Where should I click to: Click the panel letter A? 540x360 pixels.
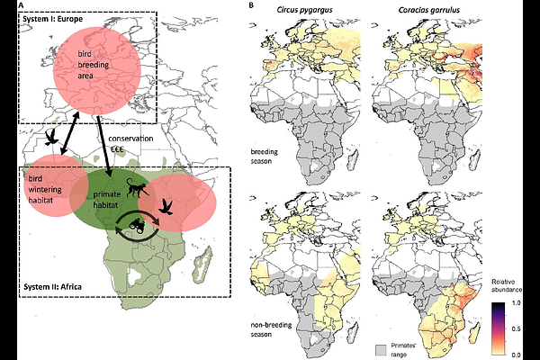coord(21,5)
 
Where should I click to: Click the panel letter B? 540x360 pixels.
coord(251,5)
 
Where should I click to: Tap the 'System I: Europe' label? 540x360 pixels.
coord(53,19)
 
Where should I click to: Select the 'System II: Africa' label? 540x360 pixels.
coord(53,286)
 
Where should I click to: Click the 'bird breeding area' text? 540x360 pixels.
coord(93,65)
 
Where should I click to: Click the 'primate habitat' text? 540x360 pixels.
coord(107,200)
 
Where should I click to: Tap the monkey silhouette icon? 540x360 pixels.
coord(138,188)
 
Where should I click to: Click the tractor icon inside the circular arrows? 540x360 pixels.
coord(137,226)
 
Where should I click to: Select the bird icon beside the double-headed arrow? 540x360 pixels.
coord(51,138)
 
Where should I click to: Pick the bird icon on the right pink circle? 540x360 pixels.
coord(166,207)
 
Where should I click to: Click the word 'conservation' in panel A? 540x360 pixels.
coord(130,139)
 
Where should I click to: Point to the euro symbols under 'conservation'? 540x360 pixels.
coord(117,150)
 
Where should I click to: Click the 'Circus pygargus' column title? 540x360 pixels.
coord(305,10)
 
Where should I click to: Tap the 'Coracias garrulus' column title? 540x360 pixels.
coord(428,10)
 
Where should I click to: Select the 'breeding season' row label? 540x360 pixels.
coord(264,156)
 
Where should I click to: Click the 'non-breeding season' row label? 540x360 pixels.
coord(271,329)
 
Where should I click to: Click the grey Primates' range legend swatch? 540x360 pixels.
coord(382,349)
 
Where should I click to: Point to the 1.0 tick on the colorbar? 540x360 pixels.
coord(517,303)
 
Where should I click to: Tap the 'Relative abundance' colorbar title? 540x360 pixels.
coord(507,286)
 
